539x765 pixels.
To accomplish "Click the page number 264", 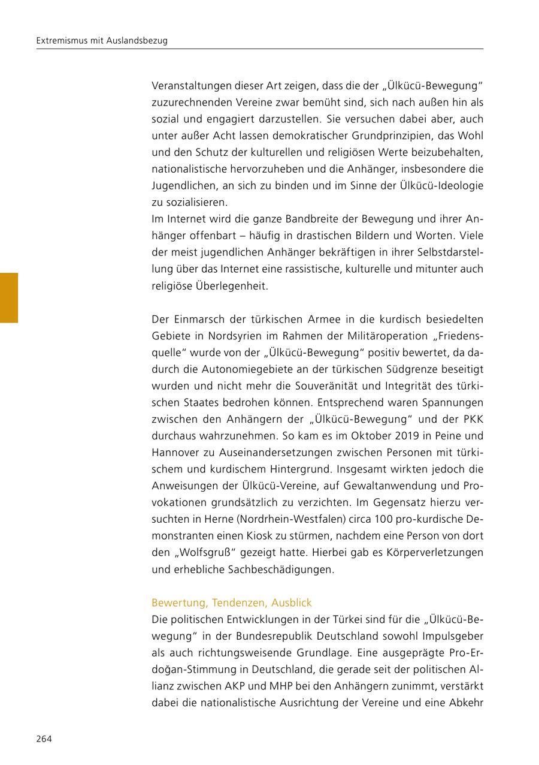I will [x=44, y=739].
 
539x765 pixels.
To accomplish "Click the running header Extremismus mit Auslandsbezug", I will [x=102, y=41].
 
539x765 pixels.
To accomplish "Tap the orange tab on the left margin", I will [x=8, y=298].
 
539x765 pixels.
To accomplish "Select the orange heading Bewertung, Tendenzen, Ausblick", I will [x=232, y=603].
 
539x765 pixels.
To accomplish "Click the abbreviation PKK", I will [x=471, y=418].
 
